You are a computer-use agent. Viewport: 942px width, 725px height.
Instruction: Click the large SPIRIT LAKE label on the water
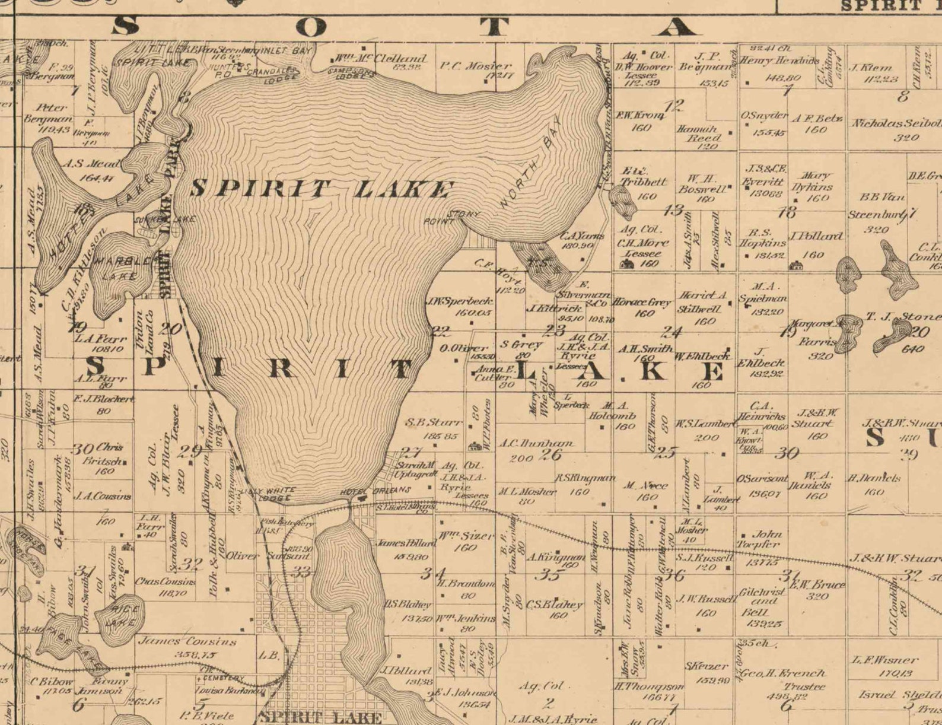pos(320,189)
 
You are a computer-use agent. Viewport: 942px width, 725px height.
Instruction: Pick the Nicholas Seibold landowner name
pos(896,123)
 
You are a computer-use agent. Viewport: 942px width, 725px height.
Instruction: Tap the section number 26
pos(552,455)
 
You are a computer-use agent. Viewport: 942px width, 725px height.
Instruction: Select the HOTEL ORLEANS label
pos(375,491)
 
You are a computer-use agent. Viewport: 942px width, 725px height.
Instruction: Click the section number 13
pos(674,210)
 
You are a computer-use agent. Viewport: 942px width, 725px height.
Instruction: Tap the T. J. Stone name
pos(903,316)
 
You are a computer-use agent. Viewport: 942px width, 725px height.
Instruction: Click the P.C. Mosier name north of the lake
pos(475,66)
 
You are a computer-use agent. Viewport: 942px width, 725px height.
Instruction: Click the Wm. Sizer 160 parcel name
pos(466,536)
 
